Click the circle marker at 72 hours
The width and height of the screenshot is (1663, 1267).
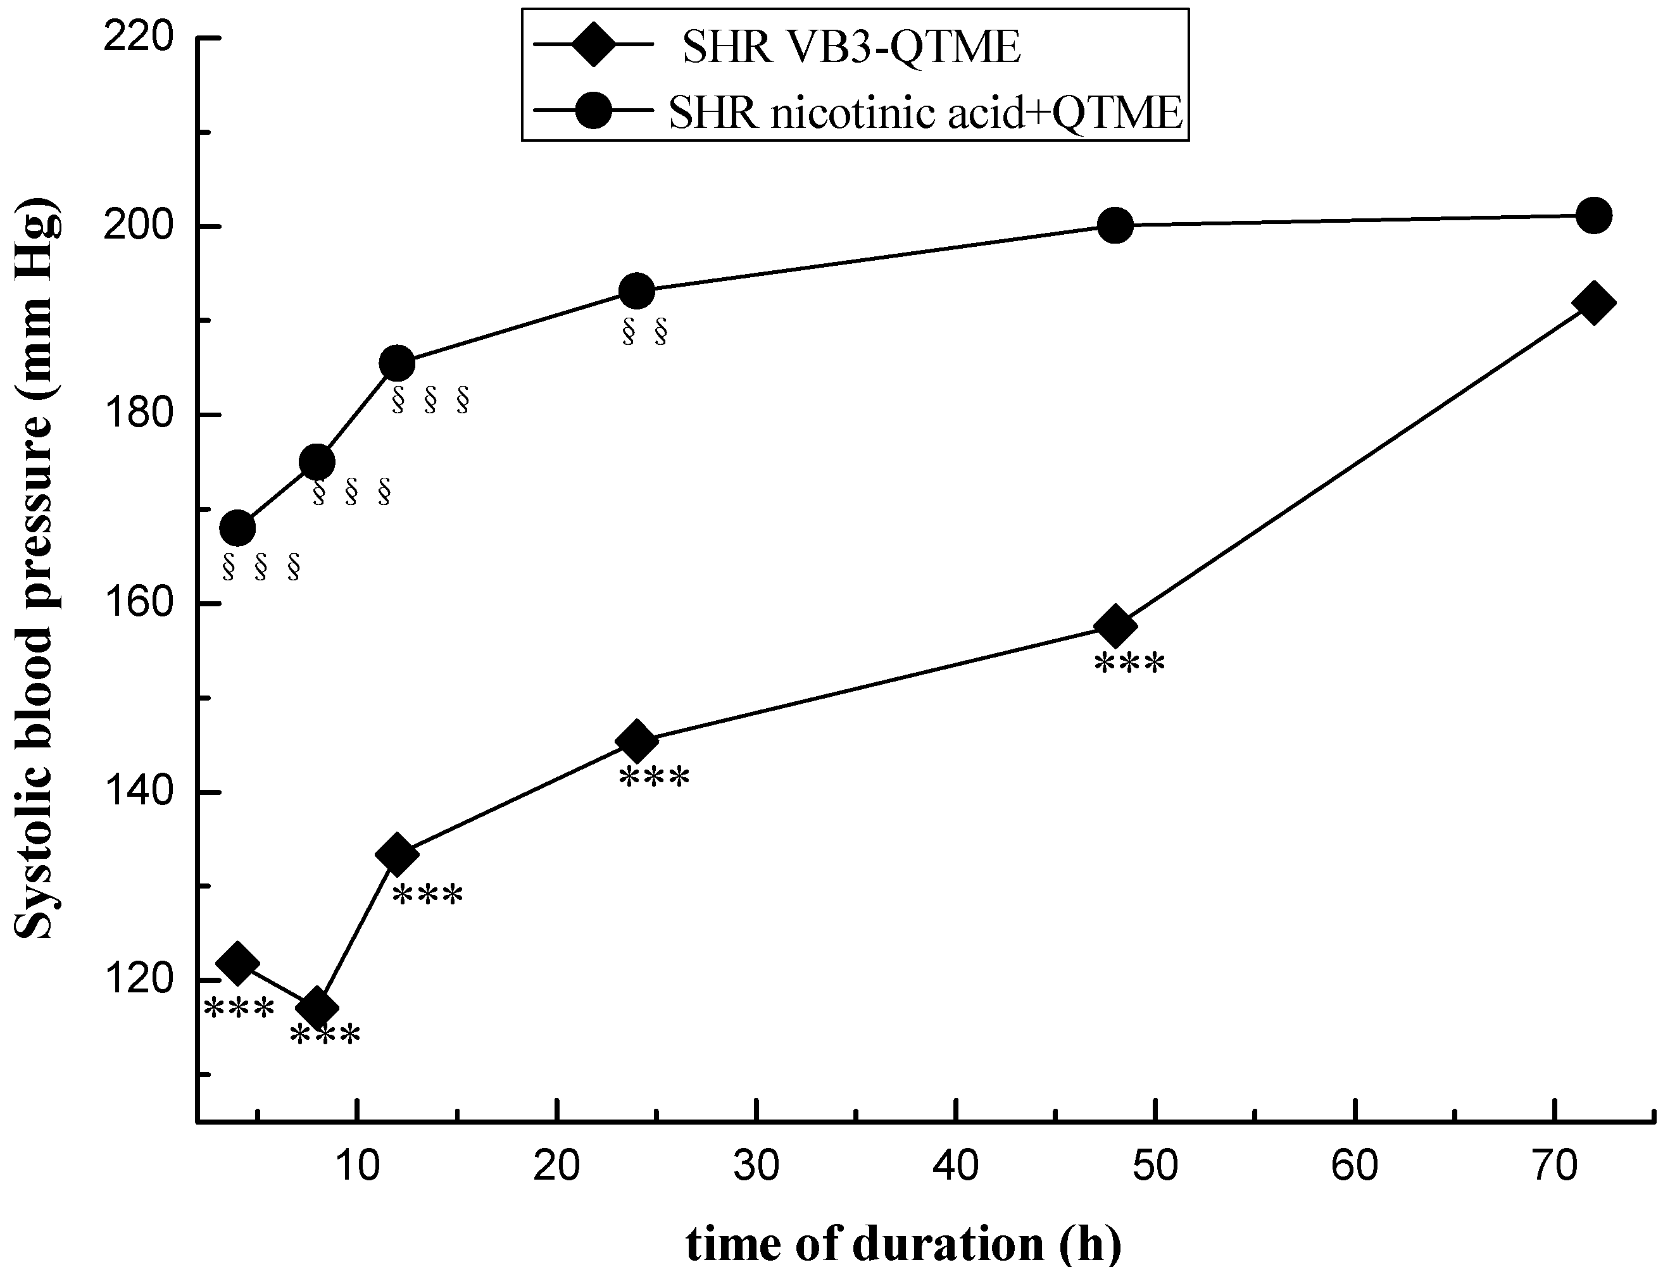tap(1593, 216)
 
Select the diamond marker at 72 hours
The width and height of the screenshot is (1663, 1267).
tap(1593, 303)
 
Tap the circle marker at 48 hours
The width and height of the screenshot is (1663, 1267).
tap(1115, 225)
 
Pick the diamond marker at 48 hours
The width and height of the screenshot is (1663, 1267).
tap(1115, 625)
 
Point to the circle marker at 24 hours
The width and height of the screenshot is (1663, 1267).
tap(636, 290)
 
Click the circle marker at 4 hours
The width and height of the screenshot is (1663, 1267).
tap(237, 528)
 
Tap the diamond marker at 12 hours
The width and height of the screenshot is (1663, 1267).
tap(397, 854)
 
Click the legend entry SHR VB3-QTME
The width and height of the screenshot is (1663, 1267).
tap(851, 47)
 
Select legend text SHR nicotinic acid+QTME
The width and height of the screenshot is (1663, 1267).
tap(926, 114)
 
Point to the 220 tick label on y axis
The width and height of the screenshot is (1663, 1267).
tap(137, 38)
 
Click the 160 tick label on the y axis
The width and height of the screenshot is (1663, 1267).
tap(137, 603)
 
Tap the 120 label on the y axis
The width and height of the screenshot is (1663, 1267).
tap(137, 980)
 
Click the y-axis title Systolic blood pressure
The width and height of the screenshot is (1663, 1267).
tap(35, 570)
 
